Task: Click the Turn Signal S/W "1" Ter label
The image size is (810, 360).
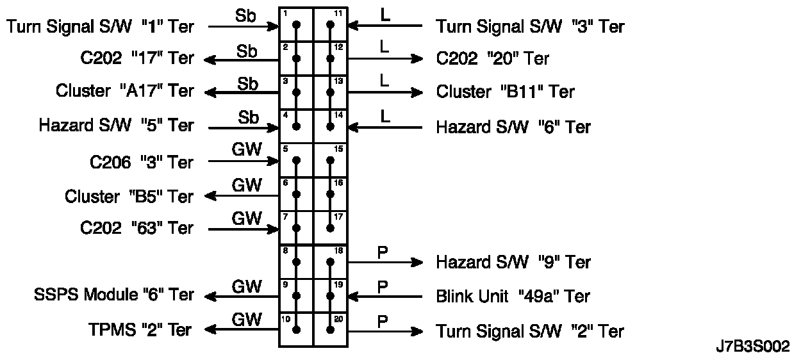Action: pos(99,26)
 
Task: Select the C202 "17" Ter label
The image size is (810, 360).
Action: pos(134,58)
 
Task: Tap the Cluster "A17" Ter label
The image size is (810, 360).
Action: pos(124,91)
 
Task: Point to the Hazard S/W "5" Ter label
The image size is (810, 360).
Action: pos(116,126)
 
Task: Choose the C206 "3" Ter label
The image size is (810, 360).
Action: pos(141,163)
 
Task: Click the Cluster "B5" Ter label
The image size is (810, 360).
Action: pos(129,197)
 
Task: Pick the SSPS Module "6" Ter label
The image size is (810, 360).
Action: pos(113,295)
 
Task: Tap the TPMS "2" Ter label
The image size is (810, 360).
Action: pos(140,330)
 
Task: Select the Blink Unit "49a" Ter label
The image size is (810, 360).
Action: pos(513,296)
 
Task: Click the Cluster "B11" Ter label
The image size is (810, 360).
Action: pos(505,92)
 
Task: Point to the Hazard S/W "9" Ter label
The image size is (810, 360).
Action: pos(513,261)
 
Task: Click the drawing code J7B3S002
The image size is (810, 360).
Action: pos(752,347)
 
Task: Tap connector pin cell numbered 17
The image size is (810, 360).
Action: pos(331,227)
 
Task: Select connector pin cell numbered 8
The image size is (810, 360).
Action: pos(296,261)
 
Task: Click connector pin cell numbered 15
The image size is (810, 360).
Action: pos(331,160)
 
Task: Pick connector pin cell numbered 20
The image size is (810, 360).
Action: pos(331,329)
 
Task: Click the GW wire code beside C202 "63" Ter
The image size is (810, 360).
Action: pos(247,219)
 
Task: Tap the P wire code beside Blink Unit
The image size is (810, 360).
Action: pos(383,286)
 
